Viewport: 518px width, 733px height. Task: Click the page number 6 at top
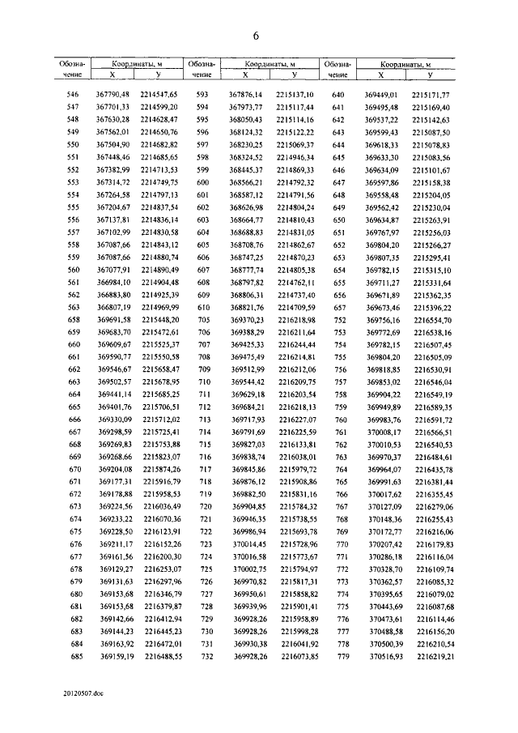255,36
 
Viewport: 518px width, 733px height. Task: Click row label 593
202,94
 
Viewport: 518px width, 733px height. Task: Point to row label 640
339,94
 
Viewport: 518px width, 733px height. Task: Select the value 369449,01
384,94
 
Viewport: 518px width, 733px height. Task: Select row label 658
74,320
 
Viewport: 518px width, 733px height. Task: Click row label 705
204,320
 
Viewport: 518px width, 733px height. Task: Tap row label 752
340,320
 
